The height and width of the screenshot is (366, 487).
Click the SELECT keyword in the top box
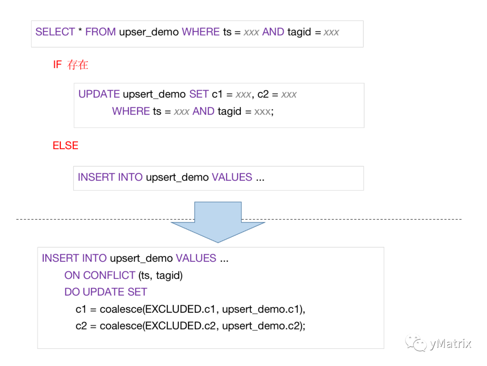pos(55,32)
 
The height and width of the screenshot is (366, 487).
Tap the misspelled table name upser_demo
pos(149,32)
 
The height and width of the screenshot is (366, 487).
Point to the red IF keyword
pos(57,65)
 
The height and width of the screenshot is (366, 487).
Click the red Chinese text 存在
pos(78,65)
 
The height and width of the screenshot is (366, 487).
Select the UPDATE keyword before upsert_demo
pos(99,94)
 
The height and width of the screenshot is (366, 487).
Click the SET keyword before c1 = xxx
pos(199,94)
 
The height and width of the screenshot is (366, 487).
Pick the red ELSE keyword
pos(65,146)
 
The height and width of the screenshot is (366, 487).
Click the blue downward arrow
pos(218,221)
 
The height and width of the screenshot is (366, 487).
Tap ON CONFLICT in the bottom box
pos(100,275)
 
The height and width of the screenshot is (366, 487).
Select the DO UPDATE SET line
pos(106,292)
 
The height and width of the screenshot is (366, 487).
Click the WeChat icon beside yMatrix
pos(416,344)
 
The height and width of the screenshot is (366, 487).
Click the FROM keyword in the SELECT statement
pos(101,32)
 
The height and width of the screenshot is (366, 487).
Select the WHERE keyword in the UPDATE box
pos(131,111)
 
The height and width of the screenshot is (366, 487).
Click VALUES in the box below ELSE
pos(232,177)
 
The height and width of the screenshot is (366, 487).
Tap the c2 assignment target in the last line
pos(81,326)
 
